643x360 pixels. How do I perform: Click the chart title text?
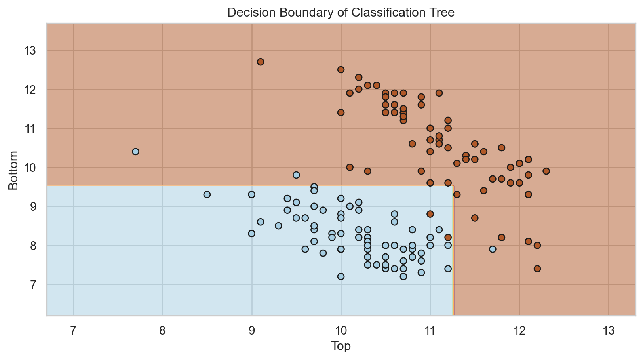[x=341, y=12]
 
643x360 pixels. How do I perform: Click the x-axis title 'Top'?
[x=341, y=347]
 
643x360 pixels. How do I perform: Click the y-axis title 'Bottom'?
[x=13, y=170]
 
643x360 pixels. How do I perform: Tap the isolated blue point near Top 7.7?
[x=135, y=152]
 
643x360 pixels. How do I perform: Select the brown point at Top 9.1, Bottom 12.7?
[x=261, y=62]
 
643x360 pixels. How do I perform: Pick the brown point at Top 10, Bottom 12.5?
[x=341, y=70]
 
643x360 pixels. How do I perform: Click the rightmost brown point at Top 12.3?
[x=546, y=171]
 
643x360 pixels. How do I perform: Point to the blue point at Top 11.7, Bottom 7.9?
[x=493, y=249]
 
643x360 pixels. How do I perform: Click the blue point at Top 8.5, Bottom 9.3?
[x=207, y=194]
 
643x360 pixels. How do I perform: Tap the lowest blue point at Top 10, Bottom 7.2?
[x=341, y=276]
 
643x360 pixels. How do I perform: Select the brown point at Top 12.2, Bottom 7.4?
[x=537, y=269]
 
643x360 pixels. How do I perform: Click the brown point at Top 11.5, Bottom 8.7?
[x=475, y=218]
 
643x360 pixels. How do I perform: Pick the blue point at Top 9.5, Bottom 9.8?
[x=296, y=175]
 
